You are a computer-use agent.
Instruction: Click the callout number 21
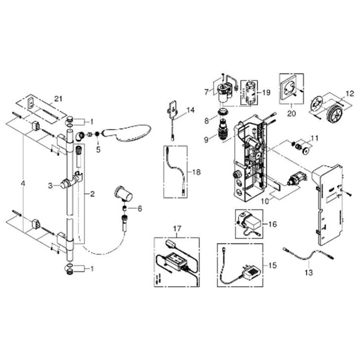(58, 99)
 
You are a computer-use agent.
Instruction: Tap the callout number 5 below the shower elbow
(98, 150)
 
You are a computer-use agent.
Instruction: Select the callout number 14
(191, 110)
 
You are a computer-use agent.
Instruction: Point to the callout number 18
(197, 172)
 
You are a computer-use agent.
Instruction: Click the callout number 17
(177, 229)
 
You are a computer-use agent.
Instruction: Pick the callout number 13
(309, 273)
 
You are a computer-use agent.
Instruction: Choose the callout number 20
(292, 113)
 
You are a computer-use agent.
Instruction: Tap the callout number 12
(351, 94)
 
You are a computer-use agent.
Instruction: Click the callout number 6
(140, 208)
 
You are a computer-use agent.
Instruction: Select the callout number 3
(51, 186)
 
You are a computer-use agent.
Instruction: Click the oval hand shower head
(127, 134)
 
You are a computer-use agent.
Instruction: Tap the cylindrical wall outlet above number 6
(123, 194)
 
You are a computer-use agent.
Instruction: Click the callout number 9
(206, 140)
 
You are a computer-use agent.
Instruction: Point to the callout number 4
(22, 183)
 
